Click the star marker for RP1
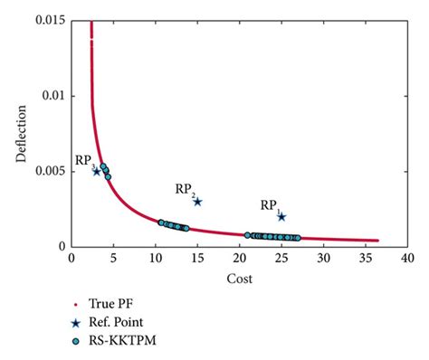tap(281, 216)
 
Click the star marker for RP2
tap(197, 202)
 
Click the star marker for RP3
tap(97, 171)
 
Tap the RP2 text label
tap(185, 189)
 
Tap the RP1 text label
tap(270, 206)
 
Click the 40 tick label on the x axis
tap(407, 258)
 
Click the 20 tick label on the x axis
tap(239, 258)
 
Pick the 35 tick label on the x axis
tap(366, 258)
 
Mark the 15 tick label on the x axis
tap(197, 258)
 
